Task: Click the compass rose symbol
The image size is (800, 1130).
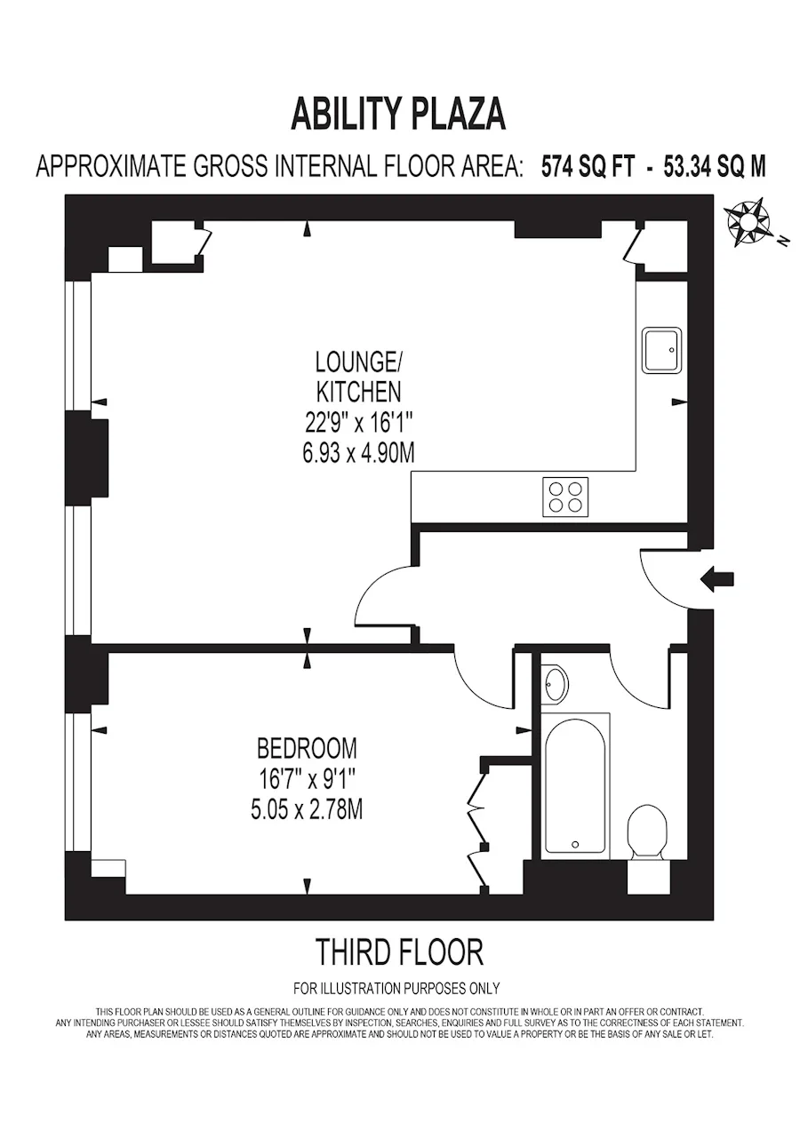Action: point(748,222)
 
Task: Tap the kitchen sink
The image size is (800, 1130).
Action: point(661,350)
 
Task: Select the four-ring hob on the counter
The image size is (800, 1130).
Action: point(565,497)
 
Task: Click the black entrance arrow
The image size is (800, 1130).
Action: point(716,579)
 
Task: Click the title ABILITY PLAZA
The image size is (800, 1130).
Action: point(398,115)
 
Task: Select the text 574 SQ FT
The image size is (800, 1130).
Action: point(587,166)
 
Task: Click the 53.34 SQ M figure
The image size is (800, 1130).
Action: point(714,166)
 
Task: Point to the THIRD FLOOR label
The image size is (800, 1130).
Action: point(399,951)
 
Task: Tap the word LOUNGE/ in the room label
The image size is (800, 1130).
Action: point(359,362)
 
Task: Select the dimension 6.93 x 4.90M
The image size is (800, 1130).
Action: point(358,452)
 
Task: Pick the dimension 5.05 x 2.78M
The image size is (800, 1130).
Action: point(307,811)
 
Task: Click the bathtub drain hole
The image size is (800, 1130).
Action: point(574,844)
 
